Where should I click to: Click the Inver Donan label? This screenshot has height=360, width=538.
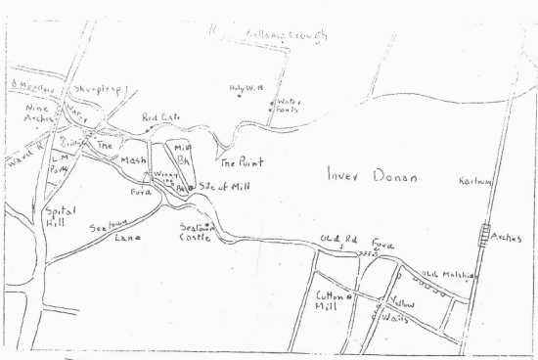pos(371,178)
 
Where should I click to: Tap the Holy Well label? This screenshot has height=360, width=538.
pos(247,88)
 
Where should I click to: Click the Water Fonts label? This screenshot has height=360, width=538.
pos(288,106)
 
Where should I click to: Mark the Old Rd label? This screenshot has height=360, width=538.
pos(335,240)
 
